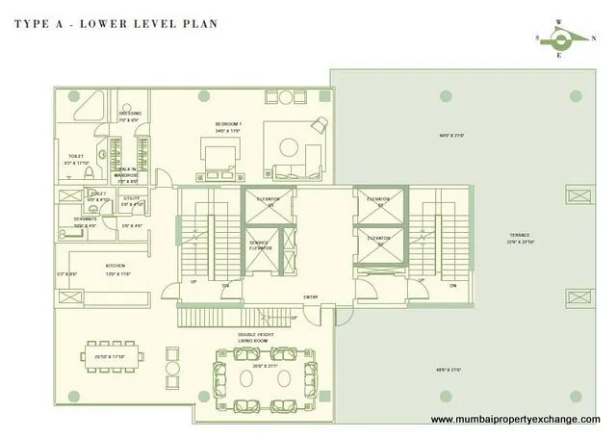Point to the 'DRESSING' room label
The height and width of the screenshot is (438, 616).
pos(130,114)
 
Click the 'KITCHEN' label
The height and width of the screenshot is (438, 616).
pos(116,266)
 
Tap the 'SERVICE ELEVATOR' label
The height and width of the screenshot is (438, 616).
pos(260,245)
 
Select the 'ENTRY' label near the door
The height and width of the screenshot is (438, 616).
pos(311,296)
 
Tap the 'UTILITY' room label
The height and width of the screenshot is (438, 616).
pos(132,199)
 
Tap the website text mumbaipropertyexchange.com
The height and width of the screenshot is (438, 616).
pos(515,420)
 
